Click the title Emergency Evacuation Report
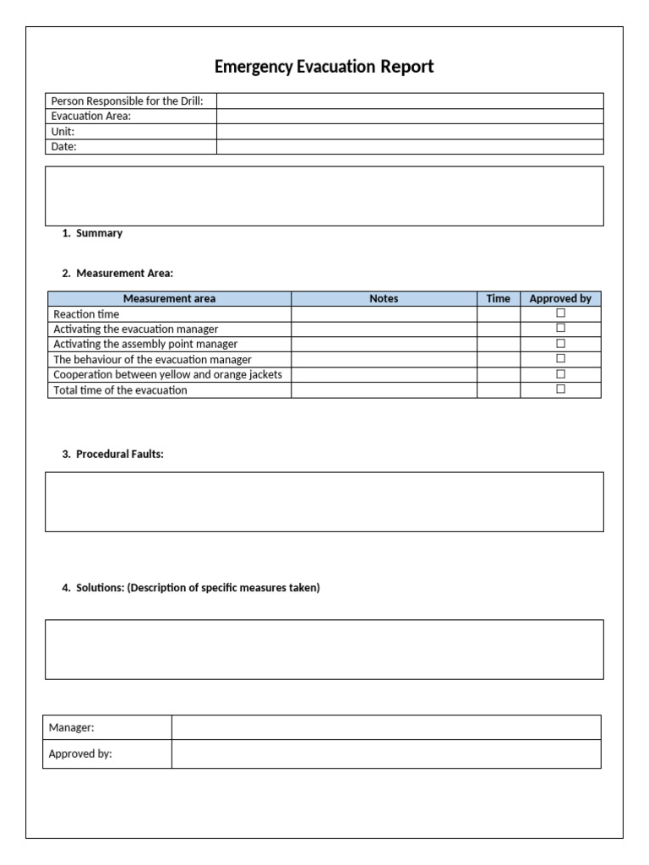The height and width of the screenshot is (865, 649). [x=324, y=67]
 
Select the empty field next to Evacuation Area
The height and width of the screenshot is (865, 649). [x=410, y=117]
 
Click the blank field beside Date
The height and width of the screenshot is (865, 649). [x=410, y=147]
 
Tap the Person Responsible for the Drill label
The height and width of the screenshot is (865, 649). [x=128, y=101]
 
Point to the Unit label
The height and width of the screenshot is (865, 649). [x=63, y=132]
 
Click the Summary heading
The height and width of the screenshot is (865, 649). [x=99, y=233]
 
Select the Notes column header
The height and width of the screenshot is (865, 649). [x=384, y=299]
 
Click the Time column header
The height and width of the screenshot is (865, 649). [x=499, y=299]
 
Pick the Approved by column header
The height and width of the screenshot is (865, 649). [x=560, y=299]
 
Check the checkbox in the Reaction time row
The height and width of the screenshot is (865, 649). [x=560, y=313]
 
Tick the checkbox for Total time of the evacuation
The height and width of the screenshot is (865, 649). [x=560, y=389]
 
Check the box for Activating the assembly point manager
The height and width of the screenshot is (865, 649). [x=560, y=344]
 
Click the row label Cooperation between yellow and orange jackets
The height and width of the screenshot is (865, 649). [x=167, y=374]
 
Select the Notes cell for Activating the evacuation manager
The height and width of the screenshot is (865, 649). [x=384, y=329]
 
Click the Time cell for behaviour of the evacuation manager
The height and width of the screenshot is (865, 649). [x=499, y=359]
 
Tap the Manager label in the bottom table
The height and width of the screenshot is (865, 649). [x=71, y=727]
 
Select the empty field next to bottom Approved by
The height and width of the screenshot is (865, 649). [x=386, y=754]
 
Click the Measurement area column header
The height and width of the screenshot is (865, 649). [x=169, y=299]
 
